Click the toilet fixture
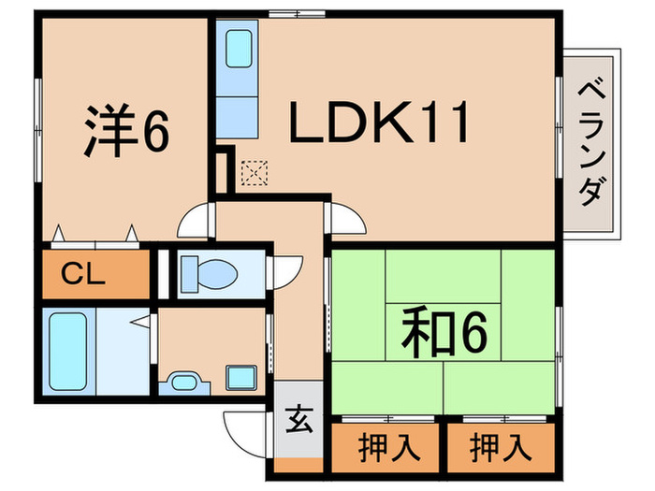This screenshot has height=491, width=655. [208, 271]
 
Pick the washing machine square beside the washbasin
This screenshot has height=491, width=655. [240, 379]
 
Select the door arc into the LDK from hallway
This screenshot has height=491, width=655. [345, 220]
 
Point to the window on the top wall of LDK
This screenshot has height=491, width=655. [289, 14]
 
